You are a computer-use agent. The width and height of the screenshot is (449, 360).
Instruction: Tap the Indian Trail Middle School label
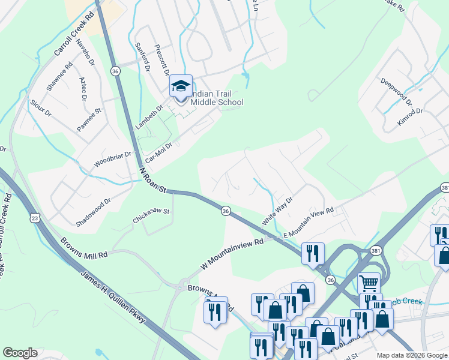(x=217, y=98)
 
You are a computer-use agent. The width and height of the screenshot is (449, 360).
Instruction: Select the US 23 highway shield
(x=35, y=218)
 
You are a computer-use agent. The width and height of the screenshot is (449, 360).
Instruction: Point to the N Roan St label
(x=153, y=180)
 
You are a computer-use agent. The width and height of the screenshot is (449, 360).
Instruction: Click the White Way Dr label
(x=277, y=211)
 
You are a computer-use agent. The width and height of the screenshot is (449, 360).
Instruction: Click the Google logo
(x=20, y=353)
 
